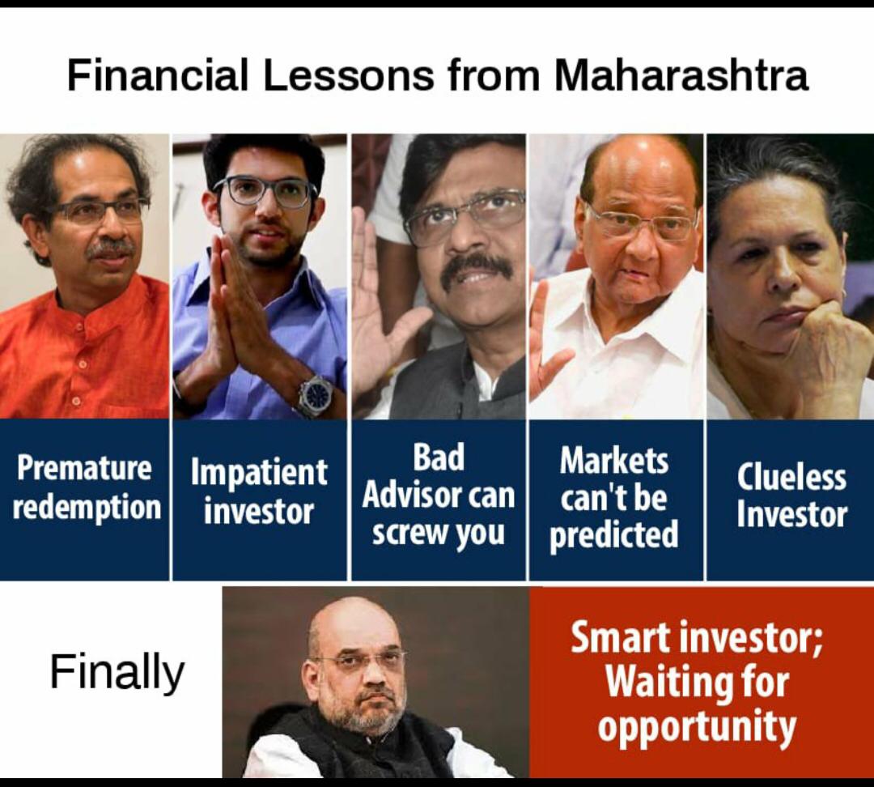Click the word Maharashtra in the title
pyautogui.click(x=681, y=76)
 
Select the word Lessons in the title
pyautogui.click(x=349, y=76)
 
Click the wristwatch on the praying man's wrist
pyautogui.click(x=315, y=396)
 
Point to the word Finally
pyautogui.click(x=117, y=672)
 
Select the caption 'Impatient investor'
pyautogui.click(x=259, y=491)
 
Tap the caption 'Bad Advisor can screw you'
pyautogui.click(x=438, y=495)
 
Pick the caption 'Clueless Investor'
pyautogui.click(x=791, y=496)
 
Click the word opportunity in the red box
pyautogui.click(x=697, y=726)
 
